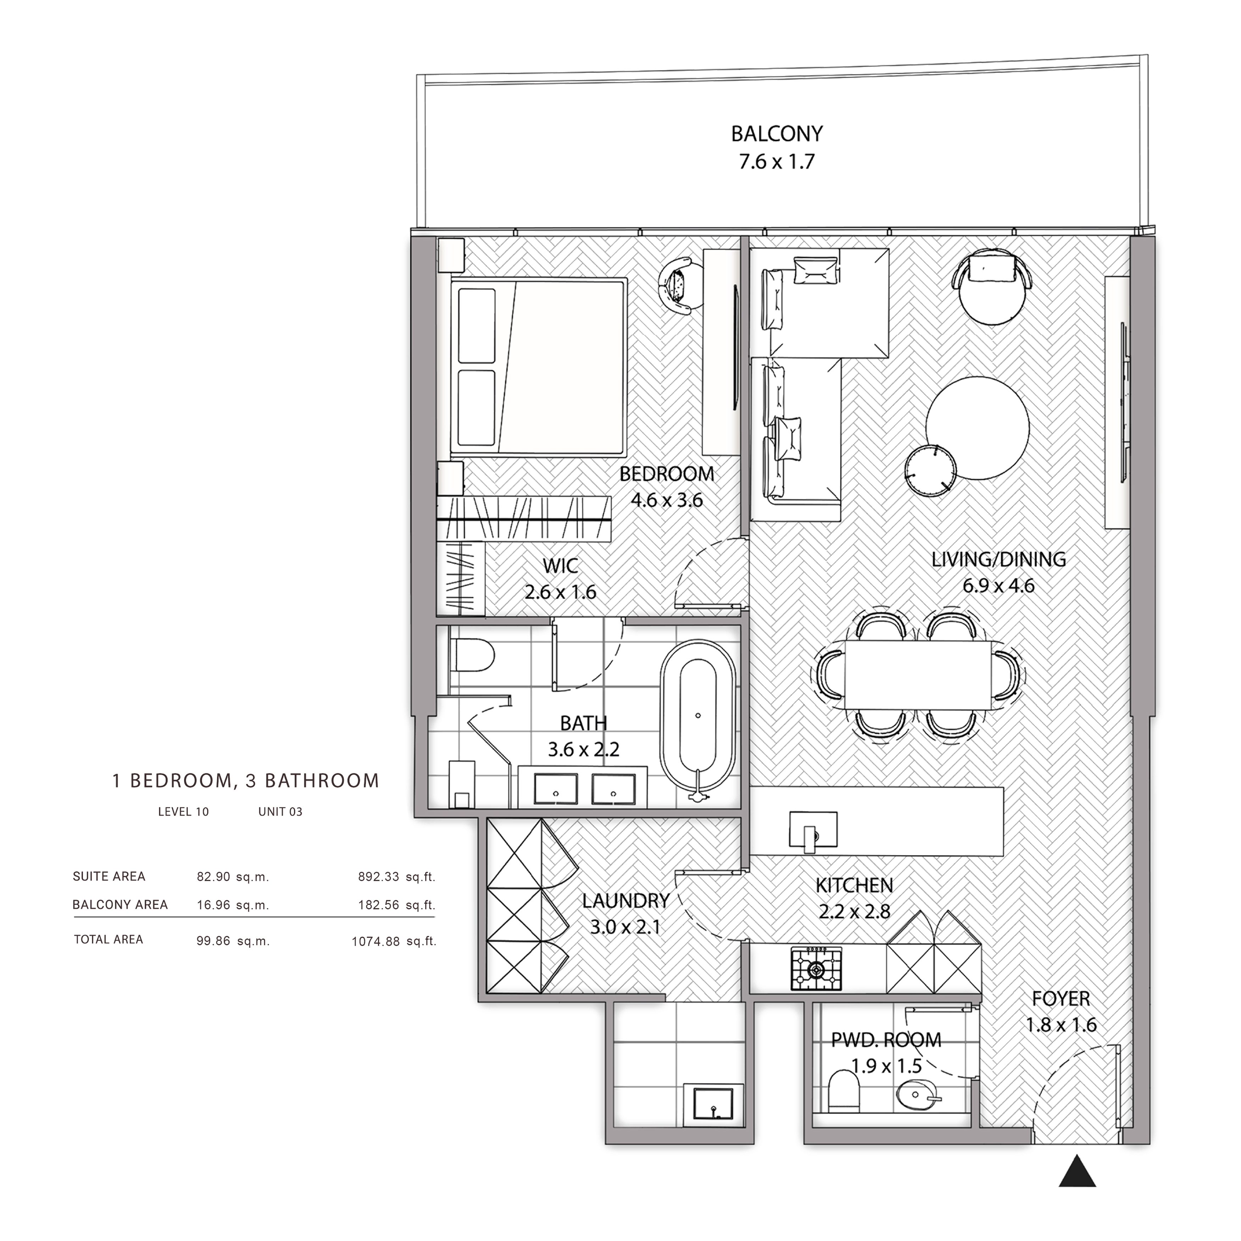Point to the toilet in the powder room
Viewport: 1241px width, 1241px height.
point(844,1091)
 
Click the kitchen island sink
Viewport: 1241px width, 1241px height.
point(813,832)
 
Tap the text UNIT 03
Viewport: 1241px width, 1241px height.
point(280,812)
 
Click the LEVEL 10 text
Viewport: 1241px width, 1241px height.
point(184,812)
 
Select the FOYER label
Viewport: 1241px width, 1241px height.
point(1061,999)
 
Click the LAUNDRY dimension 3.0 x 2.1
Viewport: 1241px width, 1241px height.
point(625,927)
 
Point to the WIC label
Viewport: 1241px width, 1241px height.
point(560,566)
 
